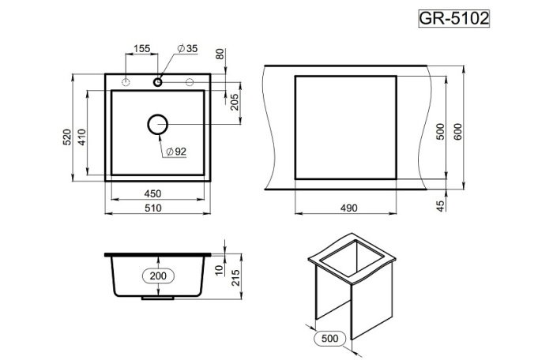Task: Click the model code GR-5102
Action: pos(453,18)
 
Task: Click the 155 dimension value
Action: pos(141,49)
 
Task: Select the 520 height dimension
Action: pos(68,137)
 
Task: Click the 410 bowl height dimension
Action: pos(81,138)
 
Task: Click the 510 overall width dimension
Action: pos(153,208)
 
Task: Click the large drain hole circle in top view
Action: pos(158,125)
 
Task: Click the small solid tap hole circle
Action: pos(158,81)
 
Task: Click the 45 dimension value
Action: pos(442,204)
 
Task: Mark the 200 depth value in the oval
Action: pos(159,276)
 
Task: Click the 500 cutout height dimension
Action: pos(442,129)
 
